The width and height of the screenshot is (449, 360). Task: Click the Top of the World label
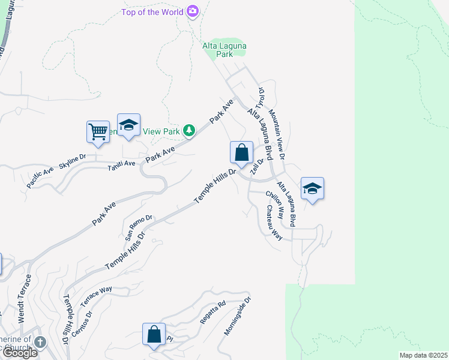click(153, 11)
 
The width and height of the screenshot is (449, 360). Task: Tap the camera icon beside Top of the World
click(193, 11)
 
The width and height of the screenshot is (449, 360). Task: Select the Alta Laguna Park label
click(224, 50)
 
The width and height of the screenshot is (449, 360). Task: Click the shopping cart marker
click(98, 131)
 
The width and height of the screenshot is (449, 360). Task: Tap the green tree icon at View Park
click(189, 130)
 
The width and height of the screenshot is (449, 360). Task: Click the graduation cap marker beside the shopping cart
click(128, 125)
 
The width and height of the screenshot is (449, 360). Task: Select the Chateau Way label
click(274, 223)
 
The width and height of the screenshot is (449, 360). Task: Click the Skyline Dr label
click(73, 161)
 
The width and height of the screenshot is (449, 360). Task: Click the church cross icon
click(40, 343)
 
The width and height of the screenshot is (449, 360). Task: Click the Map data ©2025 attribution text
click(423, 355)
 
